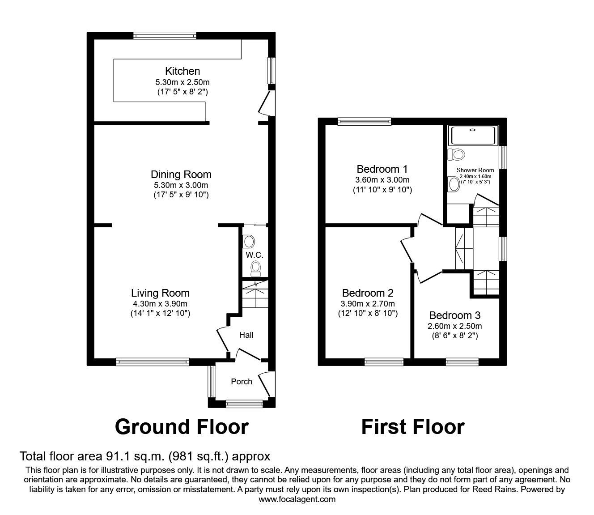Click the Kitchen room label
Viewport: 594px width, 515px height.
click(x=182, y=71)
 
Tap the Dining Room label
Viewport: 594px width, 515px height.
click(x=181, y=175)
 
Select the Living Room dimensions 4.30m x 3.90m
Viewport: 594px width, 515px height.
click(x=160, y=303)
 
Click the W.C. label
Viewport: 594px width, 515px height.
click(x=254, y=255)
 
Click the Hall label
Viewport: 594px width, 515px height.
click(x=246, y=335)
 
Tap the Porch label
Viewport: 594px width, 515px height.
click(x=242, y=382)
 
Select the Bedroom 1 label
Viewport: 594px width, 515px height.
click(x=382, y=169)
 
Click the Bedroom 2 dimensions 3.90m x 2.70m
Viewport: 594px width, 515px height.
click(x=368, y=303)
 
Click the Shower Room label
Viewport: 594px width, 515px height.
click(x=475, y=170)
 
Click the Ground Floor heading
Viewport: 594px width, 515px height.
click(x=181, y=427)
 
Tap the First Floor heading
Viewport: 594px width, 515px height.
click(x=412, y=427)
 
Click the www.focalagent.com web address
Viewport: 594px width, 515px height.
click(x=297, y=499)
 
